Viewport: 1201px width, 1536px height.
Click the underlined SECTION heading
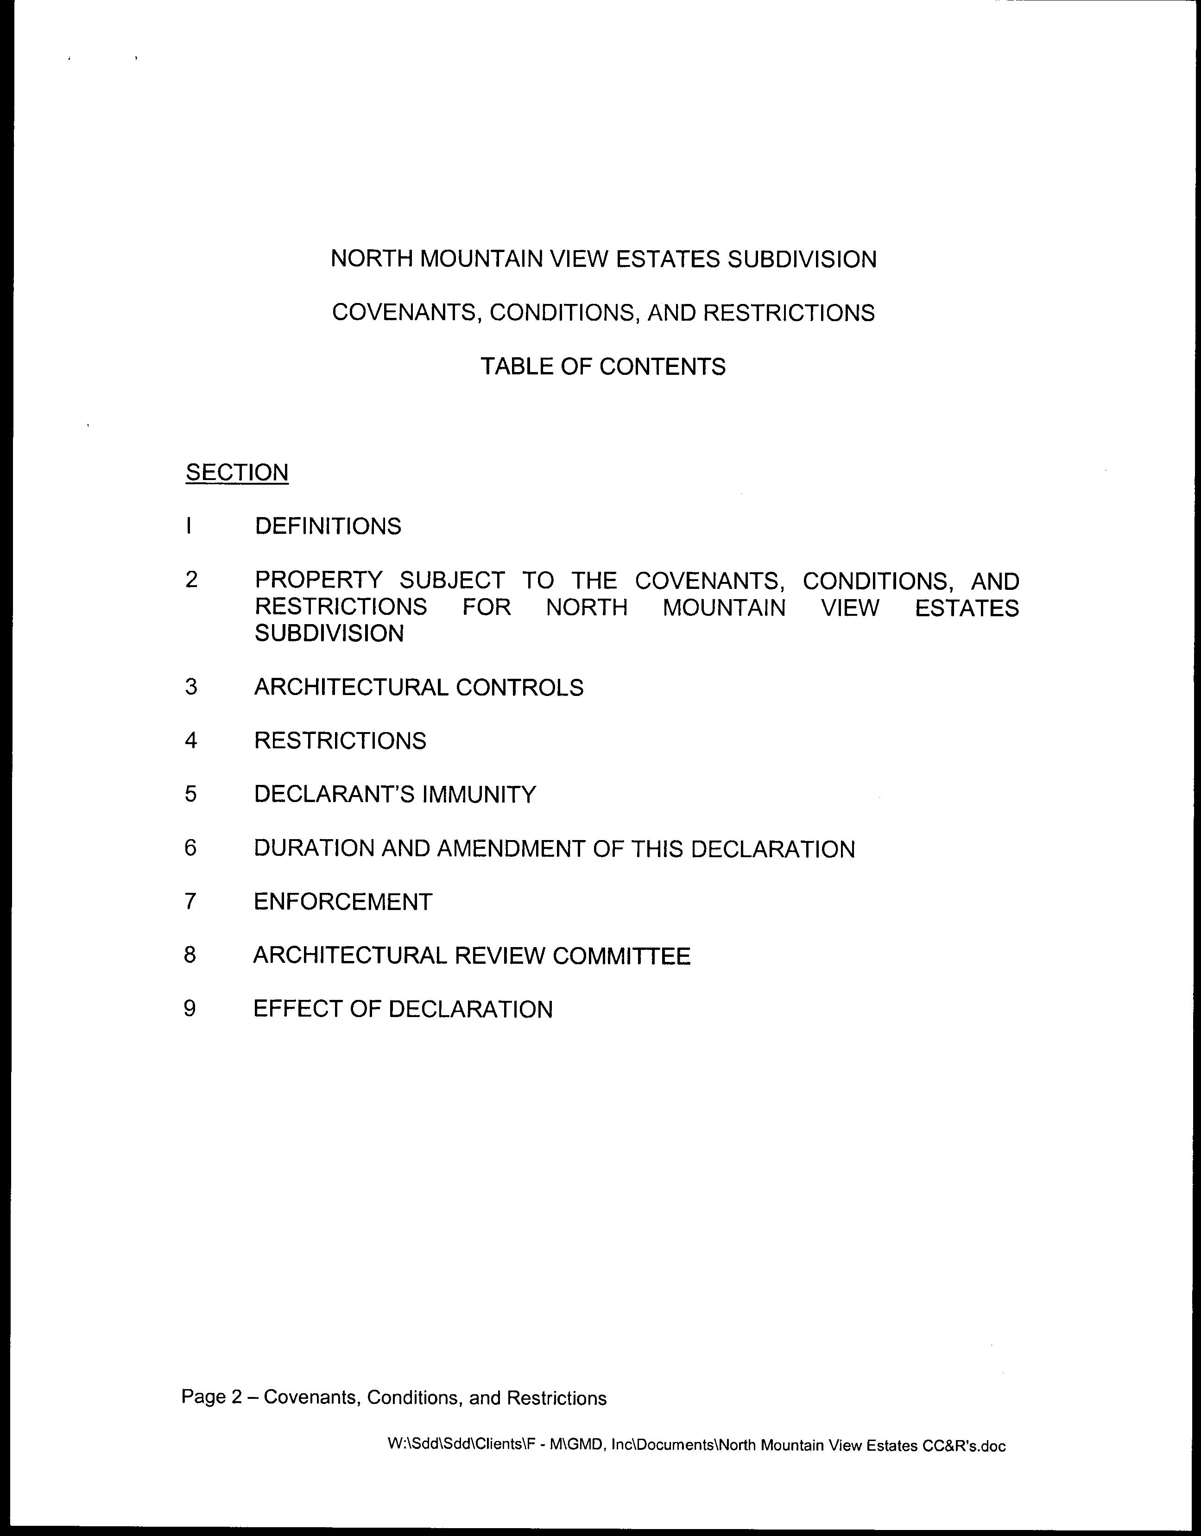tap(237, 472)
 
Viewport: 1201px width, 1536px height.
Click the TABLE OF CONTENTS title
tap(603, 367)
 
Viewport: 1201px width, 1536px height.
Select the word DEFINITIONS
tap(328, 526)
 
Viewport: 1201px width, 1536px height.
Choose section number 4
tap(190, 740)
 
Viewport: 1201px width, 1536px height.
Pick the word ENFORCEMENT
tap(342, 902)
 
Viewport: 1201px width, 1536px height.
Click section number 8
tap(190, 955)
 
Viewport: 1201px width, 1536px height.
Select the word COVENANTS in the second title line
tap(406, 313)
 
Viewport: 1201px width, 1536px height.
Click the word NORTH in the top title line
tap(371, 259)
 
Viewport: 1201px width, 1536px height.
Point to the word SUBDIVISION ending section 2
tap(329, 634)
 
